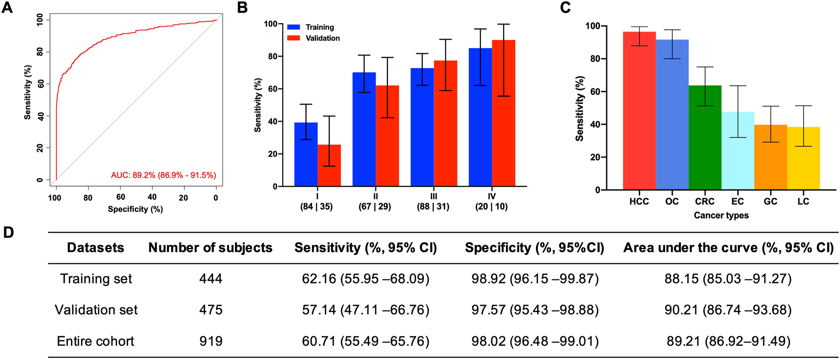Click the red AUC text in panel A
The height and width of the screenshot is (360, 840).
pyautogui.click(x=163, y=175)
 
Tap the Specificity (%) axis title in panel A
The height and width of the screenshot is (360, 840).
pyautogui.click(x=135, y=209)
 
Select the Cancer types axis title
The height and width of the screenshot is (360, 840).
pyautogui.click(x=721, y=215)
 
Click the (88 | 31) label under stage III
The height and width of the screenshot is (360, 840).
pyautogui.click(x=433, y=206)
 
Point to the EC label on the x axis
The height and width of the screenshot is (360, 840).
pyautogui.click(x=738, y=201)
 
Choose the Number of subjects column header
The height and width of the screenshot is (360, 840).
pyautogui.click(x=210, y=248)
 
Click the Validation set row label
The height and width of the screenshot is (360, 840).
pyautogui.click(x=96, y=310)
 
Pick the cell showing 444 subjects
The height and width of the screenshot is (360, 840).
pyautogui.click(x=211, y=279)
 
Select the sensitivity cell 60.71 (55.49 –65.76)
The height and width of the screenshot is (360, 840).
pyautogui.click(x=366, y=341)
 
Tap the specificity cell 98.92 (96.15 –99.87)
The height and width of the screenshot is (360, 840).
pyautogui.click(x=535, y=279)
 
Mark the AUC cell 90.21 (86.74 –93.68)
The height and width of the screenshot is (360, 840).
pyautogui.click(x=728, y=310)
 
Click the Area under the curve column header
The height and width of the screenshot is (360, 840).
pyautogui.click(x=728, y=248)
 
